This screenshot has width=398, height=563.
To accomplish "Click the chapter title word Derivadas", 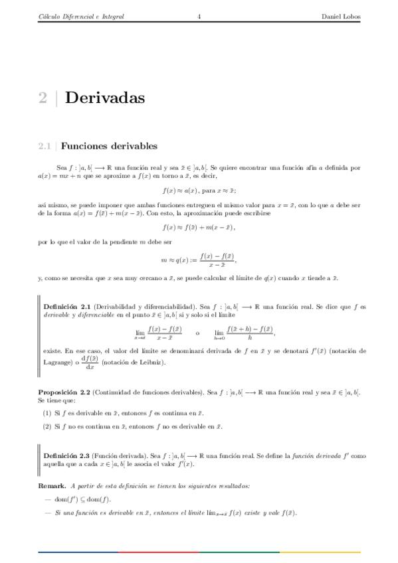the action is tap(106, 99).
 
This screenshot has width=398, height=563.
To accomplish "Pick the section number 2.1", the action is tap(45, 145).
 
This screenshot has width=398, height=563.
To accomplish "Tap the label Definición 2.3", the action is tap(66, 455).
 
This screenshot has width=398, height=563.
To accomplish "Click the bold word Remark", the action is tap(52, 487).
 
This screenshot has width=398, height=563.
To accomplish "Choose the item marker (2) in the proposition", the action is tap(48, 426).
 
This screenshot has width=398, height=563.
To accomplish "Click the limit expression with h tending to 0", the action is tap(244, 332).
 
